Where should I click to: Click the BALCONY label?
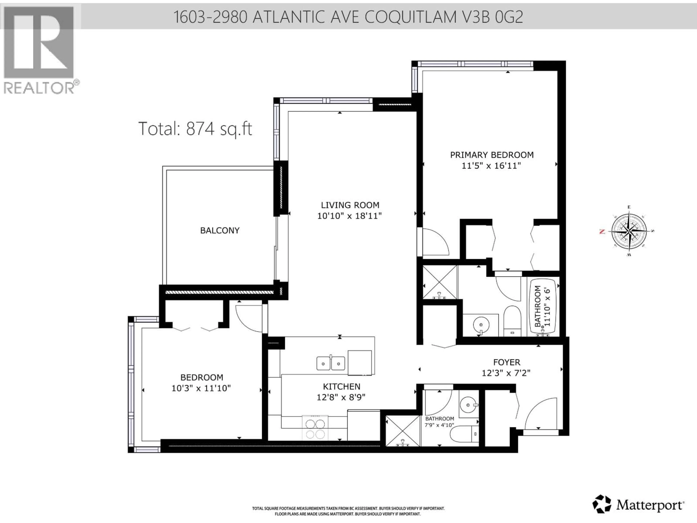click(220, 230)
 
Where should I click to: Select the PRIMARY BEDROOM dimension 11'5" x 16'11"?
click(491, 165)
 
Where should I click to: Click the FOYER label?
click(506, 362)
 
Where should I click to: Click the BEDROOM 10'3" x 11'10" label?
click(201, 383)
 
